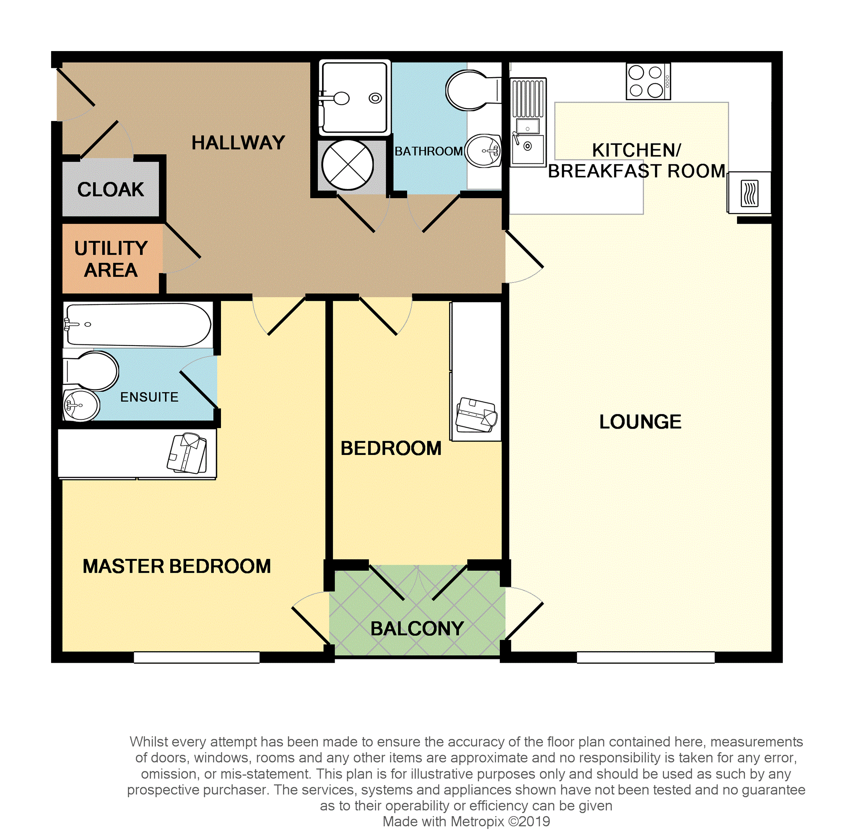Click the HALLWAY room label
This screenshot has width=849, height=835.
click(x=238, y=143)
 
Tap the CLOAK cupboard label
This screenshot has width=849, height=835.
click(x=111, y=190)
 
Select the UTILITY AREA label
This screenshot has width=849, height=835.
click(x=111, y=259)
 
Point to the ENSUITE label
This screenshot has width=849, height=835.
click(x=149, y=397)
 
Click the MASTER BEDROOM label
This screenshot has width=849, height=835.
click(x=177, y=566)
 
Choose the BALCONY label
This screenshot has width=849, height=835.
click(x=417, y=629)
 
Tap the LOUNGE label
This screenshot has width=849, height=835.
click(x=640, y=422)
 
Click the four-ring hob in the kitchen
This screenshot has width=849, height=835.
click(x=648, y=82)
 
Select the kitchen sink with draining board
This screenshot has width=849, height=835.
click(x=528, y=122)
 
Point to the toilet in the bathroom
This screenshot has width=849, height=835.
click(x=473, y=90)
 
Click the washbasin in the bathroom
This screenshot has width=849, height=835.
click(x=483, y=151)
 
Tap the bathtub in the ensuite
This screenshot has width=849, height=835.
click(x=138, y=325)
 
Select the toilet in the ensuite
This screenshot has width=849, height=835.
click(x=91, y=371)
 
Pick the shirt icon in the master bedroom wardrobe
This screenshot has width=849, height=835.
click(x=187, y=453)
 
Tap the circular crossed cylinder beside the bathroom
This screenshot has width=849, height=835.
click(x=348, y=165)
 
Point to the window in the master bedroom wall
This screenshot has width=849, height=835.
click(x=197, y=657)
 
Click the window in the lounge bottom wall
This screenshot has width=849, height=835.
click(x=645, y=657)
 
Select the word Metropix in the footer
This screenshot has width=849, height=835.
click(x=478, y=822)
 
